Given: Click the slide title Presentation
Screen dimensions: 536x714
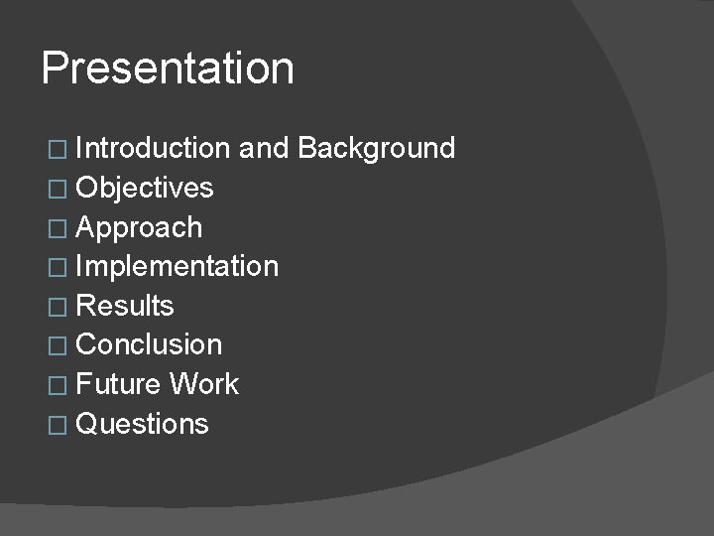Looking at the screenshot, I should (168, 69).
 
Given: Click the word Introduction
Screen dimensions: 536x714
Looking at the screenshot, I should (153, 149).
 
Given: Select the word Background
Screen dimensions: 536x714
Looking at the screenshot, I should (376, 149).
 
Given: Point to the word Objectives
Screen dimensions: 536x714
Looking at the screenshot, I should (145, 188).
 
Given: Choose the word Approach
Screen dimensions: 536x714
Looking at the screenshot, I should (139, 227).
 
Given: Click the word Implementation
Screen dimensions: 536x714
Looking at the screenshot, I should (178, 266).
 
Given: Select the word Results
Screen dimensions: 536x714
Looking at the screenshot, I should (125, 306).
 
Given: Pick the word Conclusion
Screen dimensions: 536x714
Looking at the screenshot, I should (149, 345).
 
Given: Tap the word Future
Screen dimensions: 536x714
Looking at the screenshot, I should (119, 384).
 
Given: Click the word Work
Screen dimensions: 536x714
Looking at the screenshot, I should (204, 384).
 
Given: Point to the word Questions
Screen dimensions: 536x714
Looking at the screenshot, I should (142, 424).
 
